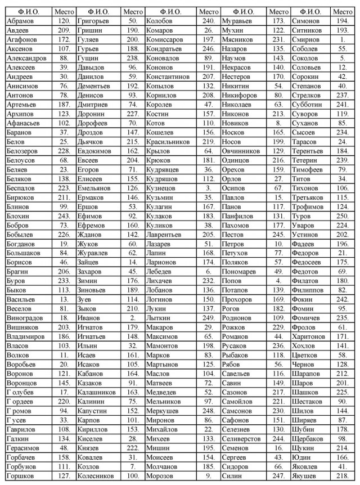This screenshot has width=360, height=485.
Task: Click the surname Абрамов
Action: coord(21,21)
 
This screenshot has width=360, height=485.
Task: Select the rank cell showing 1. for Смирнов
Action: coord(342,39)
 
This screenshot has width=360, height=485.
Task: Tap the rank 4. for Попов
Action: coord(278,281)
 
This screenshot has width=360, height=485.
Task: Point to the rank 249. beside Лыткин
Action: coord(209,318)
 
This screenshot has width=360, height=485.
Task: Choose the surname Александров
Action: coord(26,58)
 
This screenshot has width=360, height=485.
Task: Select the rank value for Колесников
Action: coord(133,475)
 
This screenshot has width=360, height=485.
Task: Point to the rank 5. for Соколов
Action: coord(342,58)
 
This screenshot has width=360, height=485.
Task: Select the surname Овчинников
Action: coord(241,151)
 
